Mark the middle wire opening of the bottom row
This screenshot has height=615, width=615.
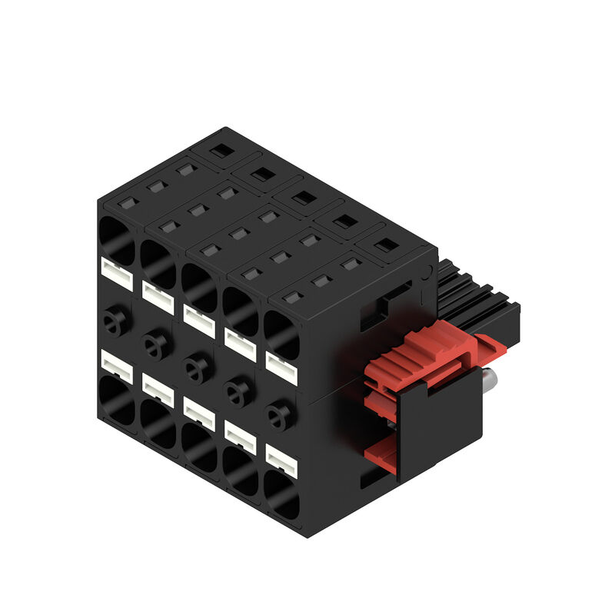200,446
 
